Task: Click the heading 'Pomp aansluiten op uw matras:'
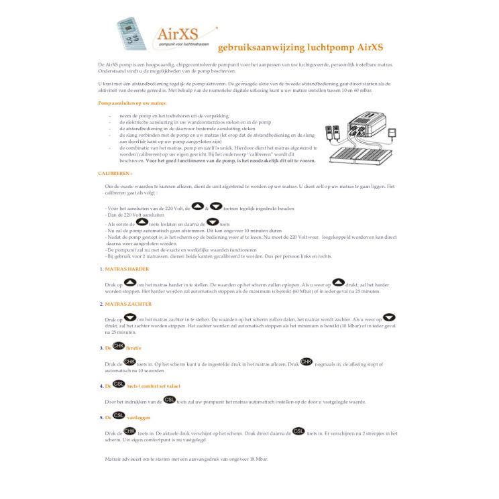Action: click(x=132, y=103)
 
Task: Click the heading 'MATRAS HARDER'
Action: click(x=127, y=269)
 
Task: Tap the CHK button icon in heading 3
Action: click(x=118, y=345)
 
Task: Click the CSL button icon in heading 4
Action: click(x=118, y=384)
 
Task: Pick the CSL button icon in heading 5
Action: click(x=118, y=416)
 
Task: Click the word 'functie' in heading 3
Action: click(x=133, y=348)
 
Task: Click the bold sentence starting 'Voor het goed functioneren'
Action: click(x=231, y=161)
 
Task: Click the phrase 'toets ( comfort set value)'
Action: click(x=154, y=386)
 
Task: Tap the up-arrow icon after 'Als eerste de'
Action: click(x=142, y=221)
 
